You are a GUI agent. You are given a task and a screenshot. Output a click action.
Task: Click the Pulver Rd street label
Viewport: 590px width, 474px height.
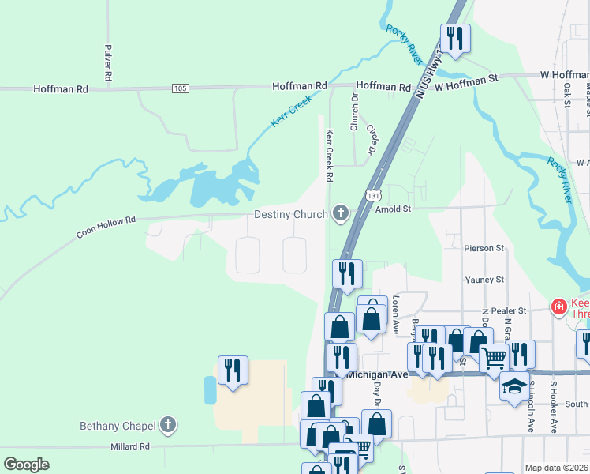coord(107,60)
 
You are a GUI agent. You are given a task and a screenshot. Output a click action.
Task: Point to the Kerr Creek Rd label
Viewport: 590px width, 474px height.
coord(330,155)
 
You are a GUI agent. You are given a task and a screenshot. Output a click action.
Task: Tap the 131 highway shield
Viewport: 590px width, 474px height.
coord(372,195)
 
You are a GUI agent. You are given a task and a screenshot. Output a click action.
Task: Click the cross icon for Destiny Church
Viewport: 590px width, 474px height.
coord(341,213)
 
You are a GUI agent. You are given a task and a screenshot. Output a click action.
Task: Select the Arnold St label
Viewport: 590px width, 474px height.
coord(394,209)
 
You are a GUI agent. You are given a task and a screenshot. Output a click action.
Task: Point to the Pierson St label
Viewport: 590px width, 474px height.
coord(484,248)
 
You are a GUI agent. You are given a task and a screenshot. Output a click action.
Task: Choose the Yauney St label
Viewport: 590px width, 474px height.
coord(484,280)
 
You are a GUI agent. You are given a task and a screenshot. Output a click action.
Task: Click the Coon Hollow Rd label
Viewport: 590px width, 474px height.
coord(106,228)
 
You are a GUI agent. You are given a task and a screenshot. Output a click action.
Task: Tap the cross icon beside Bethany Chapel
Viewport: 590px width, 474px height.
coord(167,426)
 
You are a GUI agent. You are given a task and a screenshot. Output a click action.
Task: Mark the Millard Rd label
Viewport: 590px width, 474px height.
coord(131,446)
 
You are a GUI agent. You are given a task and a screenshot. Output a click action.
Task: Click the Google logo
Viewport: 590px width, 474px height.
coord(26,464)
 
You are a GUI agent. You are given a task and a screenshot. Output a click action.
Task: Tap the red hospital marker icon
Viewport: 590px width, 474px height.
coord(558,306)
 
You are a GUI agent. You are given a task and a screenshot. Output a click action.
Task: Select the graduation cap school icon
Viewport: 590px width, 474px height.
coord(514,386)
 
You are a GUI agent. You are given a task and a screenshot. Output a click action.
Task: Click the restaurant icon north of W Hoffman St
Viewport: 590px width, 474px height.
coord(455,37)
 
